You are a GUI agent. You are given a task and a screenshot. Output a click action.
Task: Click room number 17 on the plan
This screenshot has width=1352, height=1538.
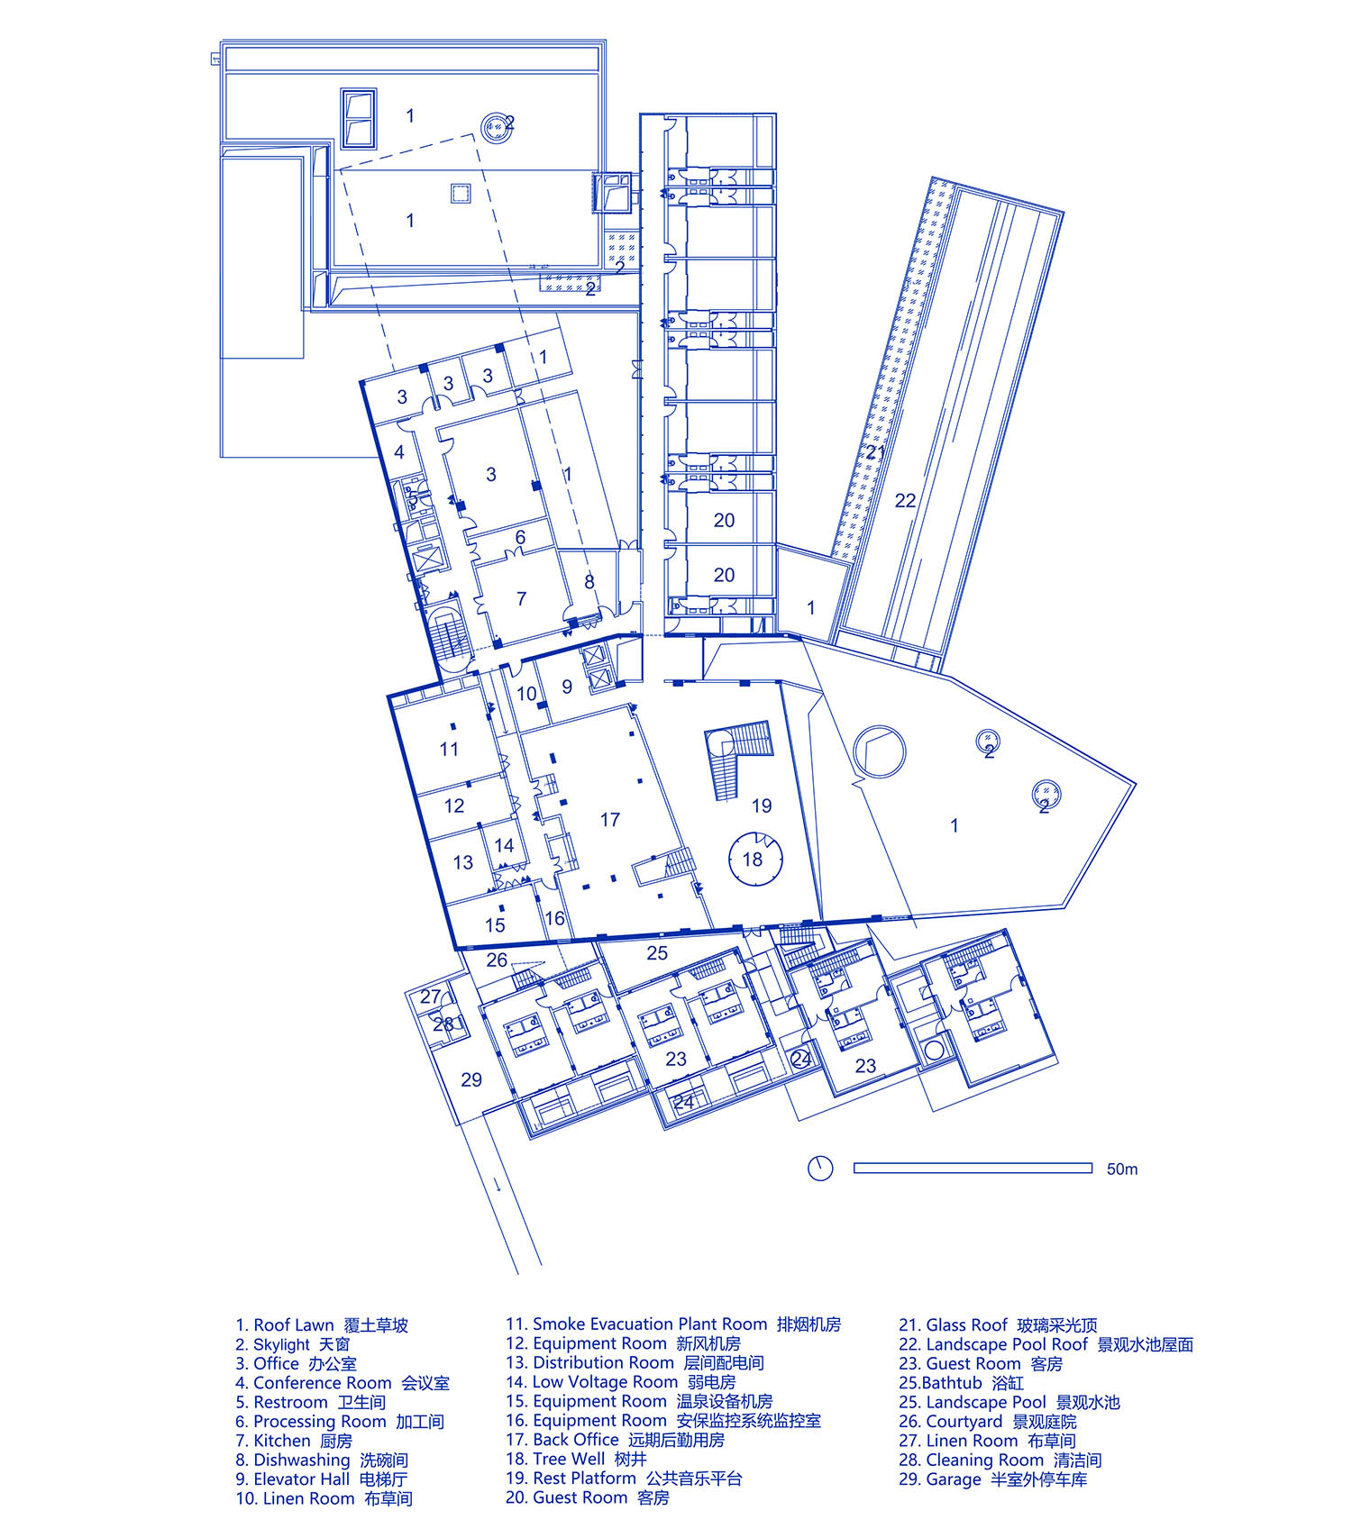tap(610, 820)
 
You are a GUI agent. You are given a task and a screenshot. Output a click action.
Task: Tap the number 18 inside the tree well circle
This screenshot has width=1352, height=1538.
tap(753, 860)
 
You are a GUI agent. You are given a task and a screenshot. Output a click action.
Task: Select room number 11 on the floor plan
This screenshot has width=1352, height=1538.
tap(449, 749)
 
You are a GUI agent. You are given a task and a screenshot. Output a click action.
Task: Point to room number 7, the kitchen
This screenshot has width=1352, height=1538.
tap(521, 598)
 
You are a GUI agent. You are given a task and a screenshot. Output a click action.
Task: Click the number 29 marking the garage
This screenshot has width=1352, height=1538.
tap(471, 1079)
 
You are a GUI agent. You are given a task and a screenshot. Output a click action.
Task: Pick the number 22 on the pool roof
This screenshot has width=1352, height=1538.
tap(905, 501)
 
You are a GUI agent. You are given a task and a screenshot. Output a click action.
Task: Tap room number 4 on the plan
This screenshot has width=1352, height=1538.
tap(399, 452)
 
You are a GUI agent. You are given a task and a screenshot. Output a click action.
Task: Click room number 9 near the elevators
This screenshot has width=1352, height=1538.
tap(567, 687)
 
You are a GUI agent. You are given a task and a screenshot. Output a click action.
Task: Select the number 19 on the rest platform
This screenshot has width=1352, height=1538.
tap(762, 805)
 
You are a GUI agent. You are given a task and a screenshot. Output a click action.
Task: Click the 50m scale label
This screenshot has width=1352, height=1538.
tap(1122, 1169)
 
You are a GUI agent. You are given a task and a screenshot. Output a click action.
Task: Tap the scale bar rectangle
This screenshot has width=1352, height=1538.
tap(973, 1169)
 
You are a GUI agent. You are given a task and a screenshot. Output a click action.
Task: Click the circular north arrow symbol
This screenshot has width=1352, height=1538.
tap(820, 1169)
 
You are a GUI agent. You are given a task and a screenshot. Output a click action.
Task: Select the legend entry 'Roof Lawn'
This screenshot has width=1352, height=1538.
tap(294, 1325)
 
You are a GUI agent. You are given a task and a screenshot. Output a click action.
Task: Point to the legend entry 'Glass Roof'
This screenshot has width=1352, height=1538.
tap(966, 1324)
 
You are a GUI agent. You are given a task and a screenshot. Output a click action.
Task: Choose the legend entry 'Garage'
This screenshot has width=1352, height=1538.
tap(954, 1479)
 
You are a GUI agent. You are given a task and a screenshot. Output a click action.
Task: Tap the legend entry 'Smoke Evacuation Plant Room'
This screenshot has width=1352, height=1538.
tap(650, 1324)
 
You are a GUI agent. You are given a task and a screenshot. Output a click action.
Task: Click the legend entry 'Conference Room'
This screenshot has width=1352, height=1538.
tap(323, 1382)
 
